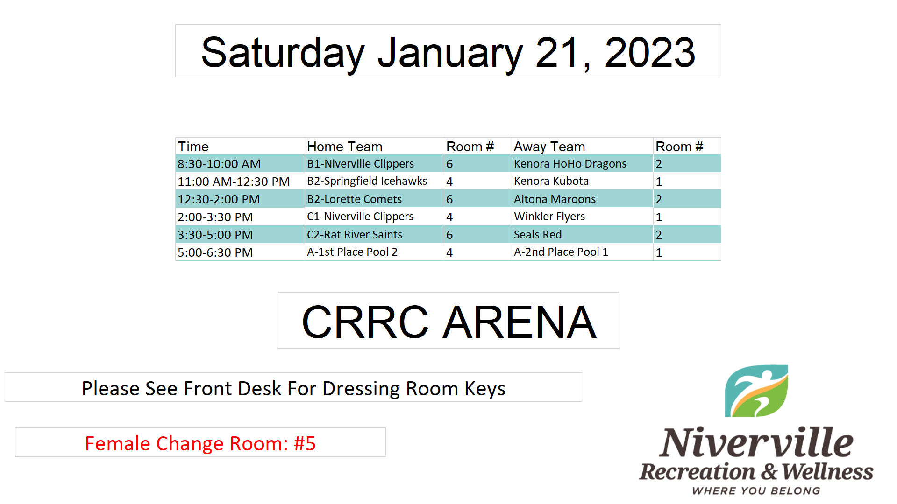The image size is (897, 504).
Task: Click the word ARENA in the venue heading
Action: (x=520, y=322)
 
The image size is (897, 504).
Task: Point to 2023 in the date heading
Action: (x=650, y=52)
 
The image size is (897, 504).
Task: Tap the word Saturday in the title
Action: (x=283, y=54)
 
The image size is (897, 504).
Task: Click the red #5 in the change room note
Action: (x=305, y=443)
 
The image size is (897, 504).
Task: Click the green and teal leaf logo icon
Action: (x=756, y=391)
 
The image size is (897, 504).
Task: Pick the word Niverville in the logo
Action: (x=756, y=442)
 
